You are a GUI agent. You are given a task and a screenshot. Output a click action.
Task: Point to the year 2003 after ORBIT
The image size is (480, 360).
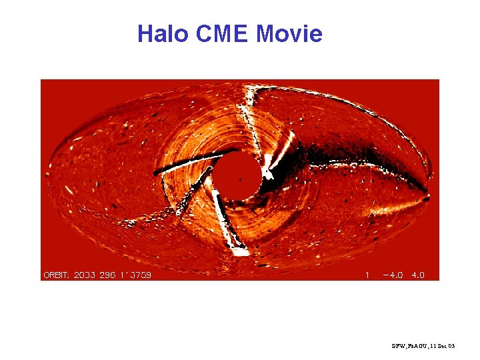click(89, 275)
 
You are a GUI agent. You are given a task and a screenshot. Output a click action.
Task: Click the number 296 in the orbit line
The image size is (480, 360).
click(113, 275)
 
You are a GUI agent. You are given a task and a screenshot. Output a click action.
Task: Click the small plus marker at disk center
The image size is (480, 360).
click(240, 179)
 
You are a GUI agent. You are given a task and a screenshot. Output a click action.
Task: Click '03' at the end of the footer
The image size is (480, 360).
click(451, 347)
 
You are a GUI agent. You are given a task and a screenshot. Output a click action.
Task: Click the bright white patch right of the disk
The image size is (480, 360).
click(269, 165)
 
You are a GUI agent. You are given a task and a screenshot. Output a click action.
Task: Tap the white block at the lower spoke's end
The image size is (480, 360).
click(239, 251)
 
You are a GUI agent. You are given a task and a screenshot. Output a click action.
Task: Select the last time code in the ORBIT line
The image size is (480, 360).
click(137, 275)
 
